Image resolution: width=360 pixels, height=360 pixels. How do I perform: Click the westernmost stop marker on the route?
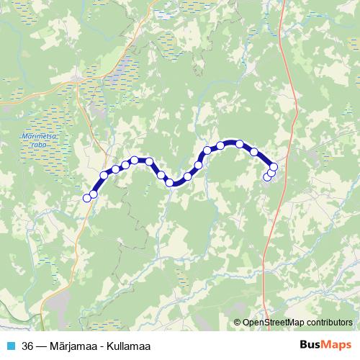87,198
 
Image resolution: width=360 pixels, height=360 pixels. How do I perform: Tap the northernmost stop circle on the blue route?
239,143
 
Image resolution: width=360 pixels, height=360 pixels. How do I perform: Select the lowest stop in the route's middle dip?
170,182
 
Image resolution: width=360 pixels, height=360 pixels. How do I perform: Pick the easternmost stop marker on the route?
274,168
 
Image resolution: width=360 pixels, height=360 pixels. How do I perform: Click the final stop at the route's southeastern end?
267,177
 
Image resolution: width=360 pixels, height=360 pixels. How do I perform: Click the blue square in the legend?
10,346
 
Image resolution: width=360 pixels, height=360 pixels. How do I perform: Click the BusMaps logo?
327,345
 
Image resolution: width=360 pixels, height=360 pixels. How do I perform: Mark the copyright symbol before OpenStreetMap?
238,323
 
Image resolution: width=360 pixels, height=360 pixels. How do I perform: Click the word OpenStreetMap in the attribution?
273,323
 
